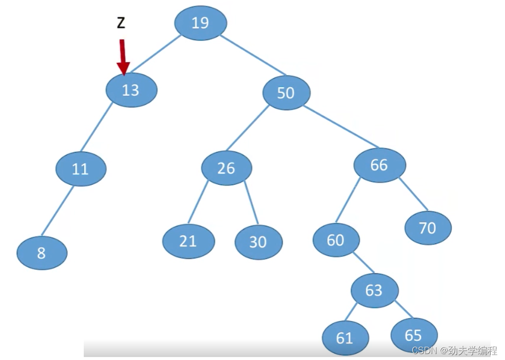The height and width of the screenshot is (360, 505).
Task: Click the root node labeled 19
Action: (200, 23)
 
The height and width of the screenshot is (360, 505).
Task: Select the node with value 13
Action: (131, 90)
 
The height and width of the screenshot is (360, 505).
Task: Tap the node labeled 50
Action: (286, 92)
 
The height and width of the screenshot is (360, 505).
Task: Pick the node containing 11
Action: (80, 169)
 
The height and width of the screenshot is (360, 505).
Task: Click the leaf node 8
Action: (42, 253)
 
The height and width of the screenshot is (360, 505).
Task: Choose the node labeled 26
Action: (226, 168)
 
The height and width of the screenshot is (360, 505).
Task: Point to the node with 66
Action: (379, 165)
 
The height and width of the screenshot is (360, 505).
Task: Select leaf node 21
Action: (188, 241)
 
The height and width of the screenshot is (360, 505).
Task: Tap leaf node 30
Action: (258, 242)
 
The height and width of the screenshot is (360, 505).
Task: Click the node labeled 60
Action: (336, 240)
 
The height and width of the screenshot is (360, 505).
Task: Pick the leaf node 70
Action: (427, 228)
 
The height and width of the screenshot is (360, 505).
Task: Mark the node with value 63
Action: (374, 290)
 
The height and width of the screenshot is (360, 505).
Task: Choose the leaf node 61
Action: (345, 338)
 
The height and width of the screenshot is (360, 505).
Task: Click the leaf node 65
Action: (413, 335)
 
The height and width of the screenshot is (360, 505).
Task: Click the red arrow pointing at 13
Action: (122, 57)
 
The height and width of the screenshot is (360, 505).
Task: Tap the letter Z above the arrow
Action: (121, 23)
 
